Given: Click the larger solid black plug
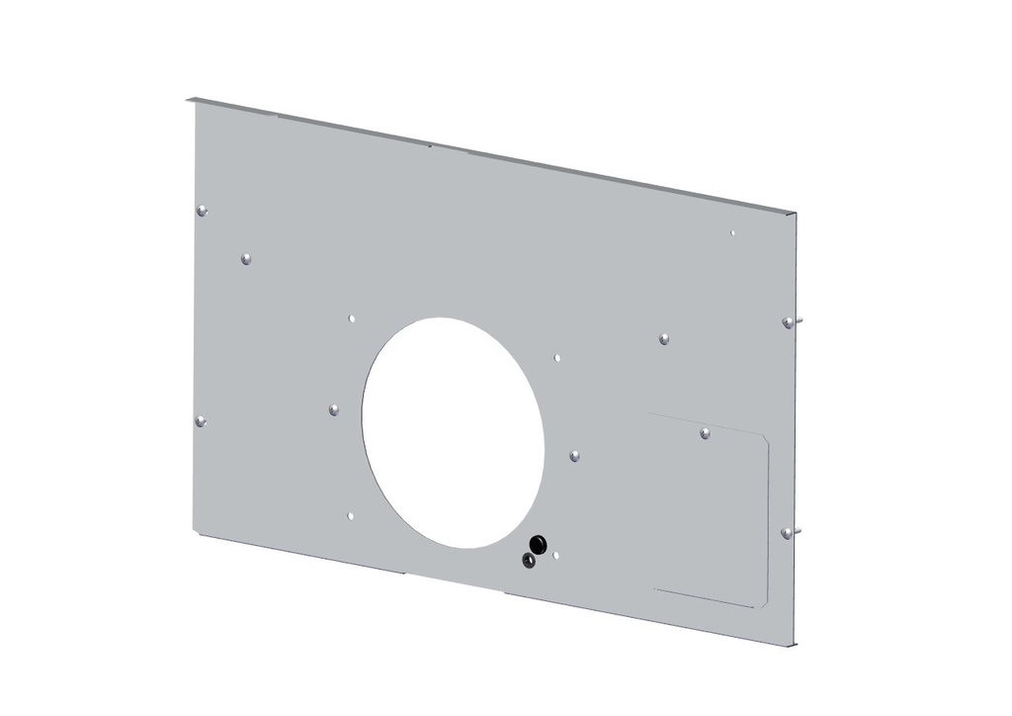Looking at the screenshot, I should point(539,543).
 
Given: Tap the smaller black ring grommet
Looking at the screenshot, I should point(529,561).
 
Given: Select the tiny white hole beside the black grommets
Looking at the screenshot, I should point(556,556).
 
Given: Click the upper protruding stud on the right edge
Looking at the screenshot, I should point(789,322).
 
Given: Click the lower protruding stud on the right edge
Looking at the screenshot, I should point(788,532).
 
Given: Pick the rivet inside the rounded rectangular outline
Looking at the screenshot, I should point(705,433).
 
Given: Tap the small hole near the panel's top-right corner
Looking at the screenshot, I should point(732,233).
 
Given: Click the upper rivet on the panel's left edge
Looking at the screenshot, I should point(202,210).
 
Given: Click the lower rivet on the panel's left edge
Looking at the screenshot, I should point(201,422).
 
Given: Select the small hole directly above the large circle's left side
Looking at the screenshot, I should point(352,318).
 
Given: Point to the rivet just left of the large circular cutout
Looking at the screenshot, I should point(334,408).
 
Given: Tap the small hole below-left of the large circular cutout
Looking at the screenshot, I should point(352,515).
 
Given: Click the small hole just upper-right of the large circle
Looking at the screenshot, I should point(557,357).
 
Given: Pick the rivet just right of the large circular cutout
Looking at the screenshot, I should point(574,456).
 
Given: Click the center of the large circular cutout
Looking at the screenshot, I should point(454,433).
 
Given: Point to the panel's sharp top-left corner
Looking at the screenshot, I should point(188,98).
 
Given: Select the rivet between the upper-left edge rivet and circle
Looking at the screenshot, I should point(245,259).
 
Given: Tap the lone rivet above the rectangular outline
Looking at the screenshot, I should point(664,338).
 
